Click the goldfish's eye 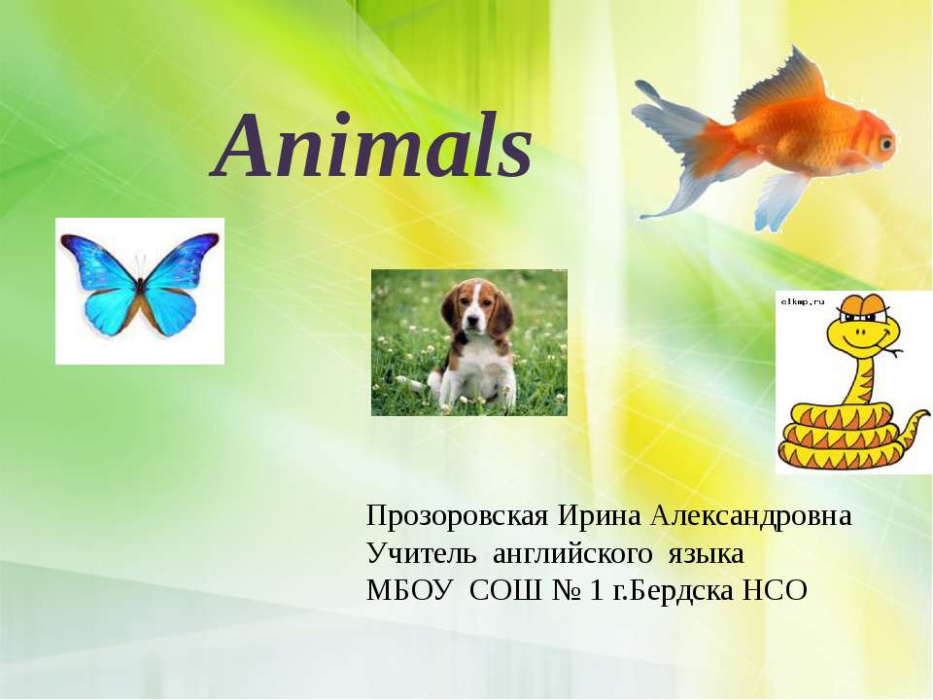tap(885, 144)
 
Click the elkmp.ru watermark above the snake tap(801, 302)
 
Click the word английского tap(572, 554)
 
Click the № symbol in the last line tap(559, 590)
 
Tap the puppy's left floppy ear tap(450, 309)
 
